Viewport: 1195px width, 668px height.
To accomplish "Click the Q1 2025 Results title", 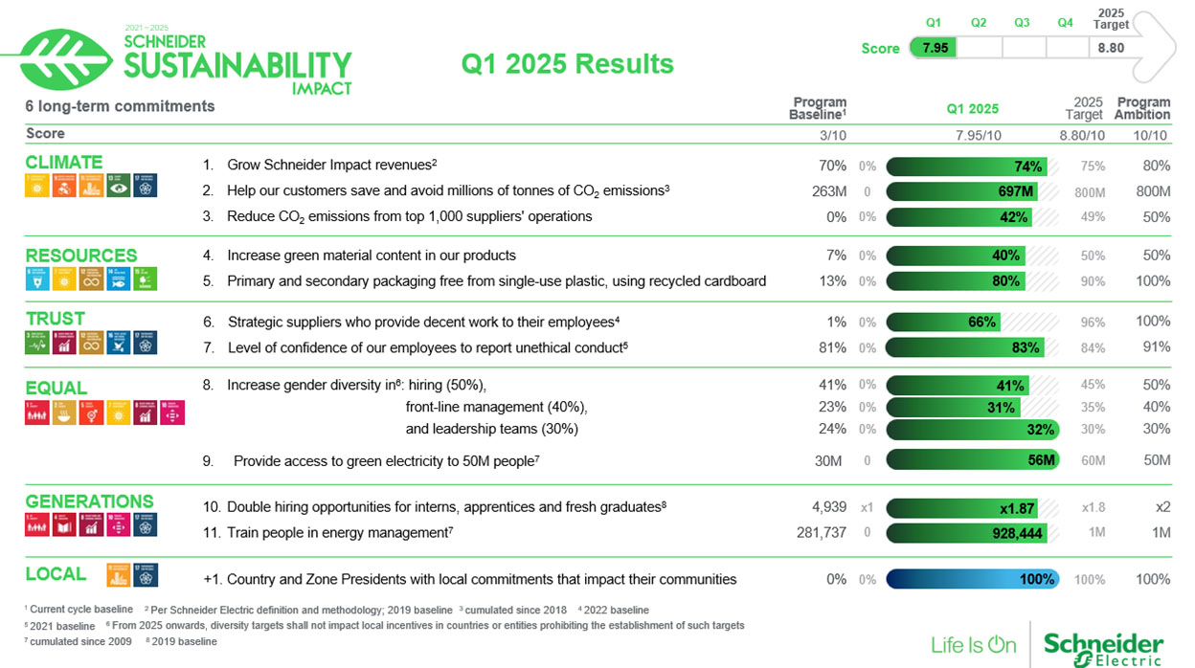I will [x=567, y=63].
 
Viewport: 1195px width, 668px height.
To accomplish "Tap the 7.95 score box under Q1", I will [x=934, y=48].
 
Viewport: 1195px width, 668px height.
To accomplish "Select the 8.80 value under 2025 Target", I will [x=1111, y=48].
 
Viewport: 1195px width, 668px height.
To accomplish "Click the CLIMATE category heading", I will [x=63, y=162].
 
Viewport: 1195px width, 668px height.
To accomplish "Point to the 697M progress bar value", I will [x=1015, y=191].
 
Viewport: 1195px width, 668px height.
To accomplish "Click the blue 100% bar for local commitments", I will [x=972, y=579].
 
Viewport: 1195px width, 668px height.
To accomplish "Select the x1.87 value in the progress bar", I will [x=1016, y=508].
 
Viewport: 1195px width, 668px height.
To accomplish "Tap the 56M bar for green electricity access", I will [x=1041, y=460].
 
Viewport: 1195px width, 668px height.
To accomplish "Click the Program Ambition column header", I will [x=1142, y=108].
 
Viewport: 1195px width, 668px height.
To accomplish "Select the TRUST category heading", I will [x=55, y=319].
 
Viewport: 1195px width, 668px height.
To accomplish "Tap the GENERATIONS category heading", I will [x=89, y=501].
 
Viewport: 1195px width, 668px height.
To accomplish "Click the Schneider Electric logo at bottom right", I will [x=1103, y=645].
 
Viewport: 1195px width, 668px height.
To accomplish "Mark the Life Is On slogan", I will [x=973, y=645].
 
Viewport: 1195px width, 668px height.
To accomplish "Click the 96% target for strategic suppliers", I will [x=1092, y=323].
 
